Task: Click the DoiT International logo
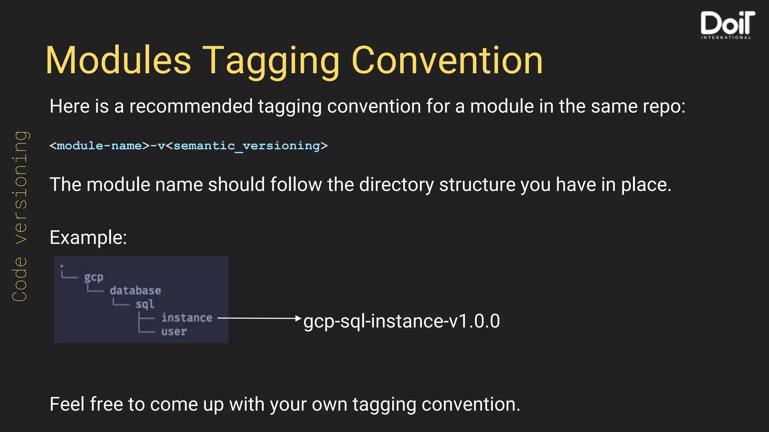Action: point(727,25)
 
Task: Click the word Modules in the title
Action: point(118,60)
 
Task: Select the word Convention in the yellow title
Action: point(447,60)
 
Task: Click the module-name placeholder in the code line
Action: point(99,145)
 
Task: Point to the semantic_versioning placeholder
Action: point(247,145)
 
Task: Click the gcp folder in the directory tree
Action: point(93,277)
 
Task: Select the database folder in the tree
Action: point(135,291)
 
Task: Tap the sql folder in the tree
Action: point(145,304)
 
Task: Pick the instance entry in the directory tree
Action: point(187,318)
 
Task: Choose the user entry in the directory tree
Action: point(174,331)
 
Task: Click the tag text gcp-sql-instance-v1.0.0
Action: point(401,321)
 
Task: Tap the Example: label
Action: point(88,237)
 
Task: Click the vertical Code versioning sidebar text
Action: point(20,216)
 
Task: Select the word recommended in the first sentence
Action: point(191,106)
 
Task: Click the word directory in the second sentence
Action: point(396,184)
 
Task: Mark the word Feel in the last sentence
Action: point(66,404)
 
